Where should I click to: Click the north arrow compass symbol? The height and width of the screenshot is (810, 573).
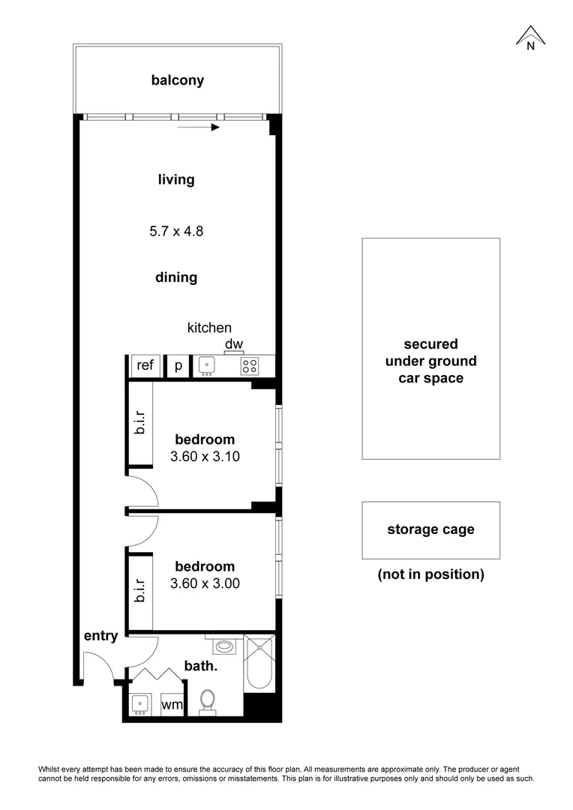(530, 37)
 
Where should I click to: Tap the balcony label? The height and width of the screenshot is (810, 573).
(178, 80)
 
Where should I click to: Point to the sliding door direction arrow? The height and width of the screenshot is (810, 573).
(199, 127)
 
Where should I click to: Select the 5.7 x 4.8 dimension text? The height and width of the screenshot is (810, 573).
(176, 231)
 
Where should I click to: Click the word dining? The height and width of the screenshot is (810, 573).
(176, 277)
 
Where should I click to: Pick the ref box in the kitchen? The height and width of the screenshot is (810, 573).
(145, 366)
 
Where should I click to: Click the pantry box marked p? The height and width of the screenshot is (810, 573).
(178, 366)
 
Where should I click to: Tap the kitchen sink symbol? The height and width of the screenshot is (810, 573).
(207, 366)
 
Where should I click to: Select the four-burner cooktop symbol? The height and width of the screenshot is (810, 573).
(249, 367)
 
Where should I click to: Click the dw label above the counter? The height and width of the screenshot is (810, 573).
(234, 345)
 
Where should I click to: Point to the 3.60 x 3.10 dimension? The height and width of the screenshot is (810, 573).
(205, 455)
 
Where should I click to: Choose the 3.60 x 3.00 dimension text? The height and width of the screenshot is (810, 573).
(205, 583)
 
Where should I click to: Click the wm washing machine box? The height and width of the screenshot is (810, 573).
(172, 706)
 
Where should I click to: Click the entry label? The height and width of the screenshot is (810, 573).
(100, 637)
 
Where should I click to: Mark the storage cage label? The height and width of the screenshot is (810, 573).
(430, 529)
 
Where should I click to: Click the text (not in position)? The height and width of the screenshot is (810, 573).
(430, 574)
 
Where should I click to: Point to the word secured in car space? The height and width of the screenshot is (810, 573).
(430, 344)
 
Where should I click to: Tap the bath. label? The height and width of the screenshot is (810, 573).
(201, 665)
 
